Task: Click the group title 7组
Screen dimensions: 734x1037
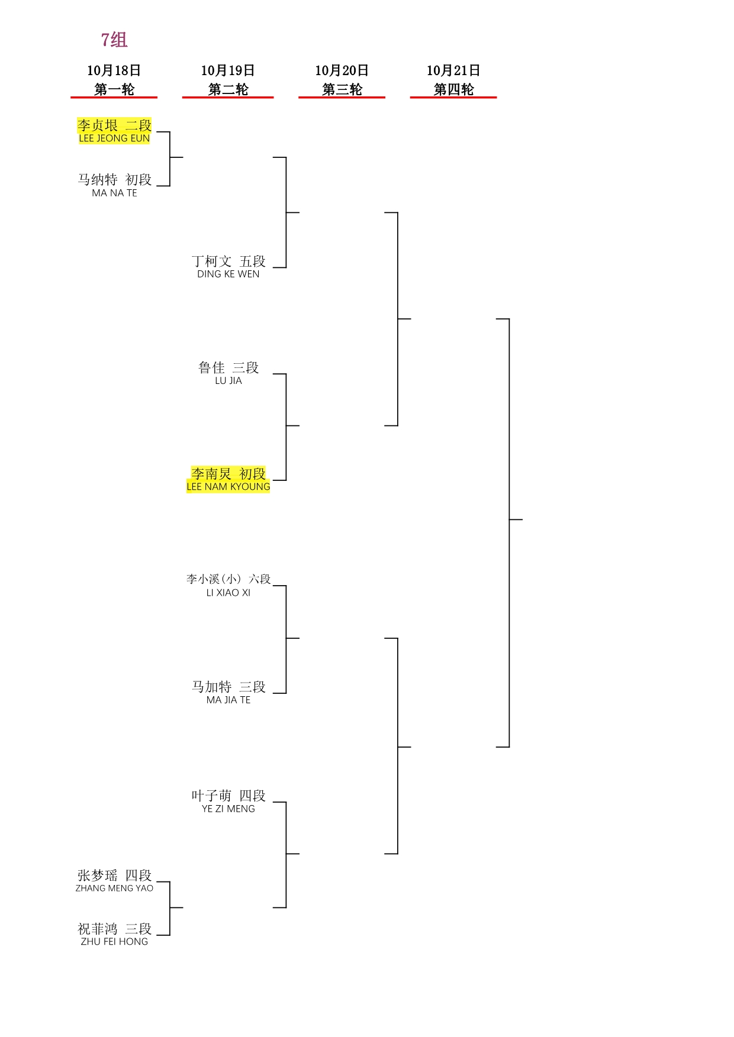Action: (x=114, y=40)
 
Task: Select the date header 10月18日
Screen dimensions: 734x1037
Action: (x=114, y=70)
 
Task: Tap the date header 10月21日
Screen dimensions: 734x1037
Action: (x=453, y=70)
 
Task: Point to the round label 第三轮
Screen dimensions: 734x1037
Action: (x=342, y=89)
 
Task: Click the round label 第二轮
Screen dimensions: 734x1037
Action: (x=228, y=89)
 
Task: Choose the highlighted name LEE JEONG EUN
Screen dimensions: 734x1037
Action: (x=114, y=138)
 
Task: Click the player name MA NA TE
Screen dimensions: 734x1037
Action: (x=114, y=193)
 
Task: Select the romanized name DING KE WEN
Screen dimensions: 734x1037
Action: (x=228, y=274)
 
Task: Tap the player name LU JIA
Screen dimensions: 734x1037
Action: (x=228, y=380)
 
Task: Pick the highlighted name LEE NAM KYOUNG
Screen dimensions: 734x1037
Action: (x=228, y=487)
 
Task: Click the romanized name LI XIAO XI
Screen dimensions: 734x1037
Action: (x=228, y=593)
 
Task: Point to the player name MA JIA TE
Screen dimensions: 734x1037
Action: (x=228, y=700)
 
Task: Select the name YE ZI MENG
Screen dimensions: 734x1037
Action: (x=228, y=809)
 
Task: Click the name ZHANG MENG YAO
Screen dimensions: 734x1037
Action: (x=114, y=888)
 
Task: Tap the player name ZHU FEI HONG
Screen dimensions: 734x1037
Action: (x=114, y=942)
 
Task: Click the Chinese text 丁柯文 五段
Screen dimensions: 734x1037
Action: (x=228, y=261)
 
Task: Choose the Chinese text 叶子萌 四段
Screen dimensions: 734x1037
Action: (x=228, y=796)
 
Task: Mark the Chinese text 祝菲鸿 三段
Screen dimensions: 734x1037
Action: (x=114, y=929)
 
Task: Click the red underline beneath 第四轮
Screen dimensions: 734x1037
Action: (x=453, y=97)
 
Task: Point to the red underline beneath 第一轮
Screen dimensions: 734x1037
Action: (x=114, y=97)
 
